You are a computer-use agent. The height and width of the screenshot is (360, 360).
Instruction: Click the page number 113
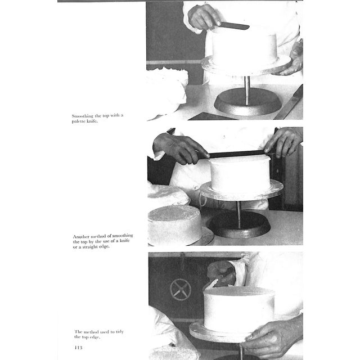[79, 348]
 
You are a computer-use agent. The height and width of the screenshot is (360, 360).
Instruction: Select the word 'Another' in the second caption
[82, 236]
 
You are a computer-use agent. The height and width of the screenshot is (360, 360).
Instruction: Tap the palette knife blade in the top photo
[236, 26]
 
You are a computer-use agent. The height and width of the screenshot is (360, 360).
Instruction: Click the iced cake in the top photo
[244, 47]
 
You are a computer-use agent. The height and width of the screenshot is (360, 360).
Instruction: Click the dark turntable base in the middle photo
[239, 224]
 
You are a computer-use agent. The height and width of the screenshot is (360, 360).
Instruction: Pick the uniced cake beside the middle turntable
[174, 223]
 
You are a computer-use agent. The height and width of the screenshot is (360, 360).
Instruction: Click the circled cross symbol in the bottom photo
[181, 289]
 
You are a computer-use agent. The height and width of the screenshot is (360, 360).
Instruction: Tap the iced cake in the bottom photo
[238, 309]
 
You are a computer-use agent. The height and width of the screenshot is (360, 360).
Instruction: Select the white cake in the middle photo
[240, 174]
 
